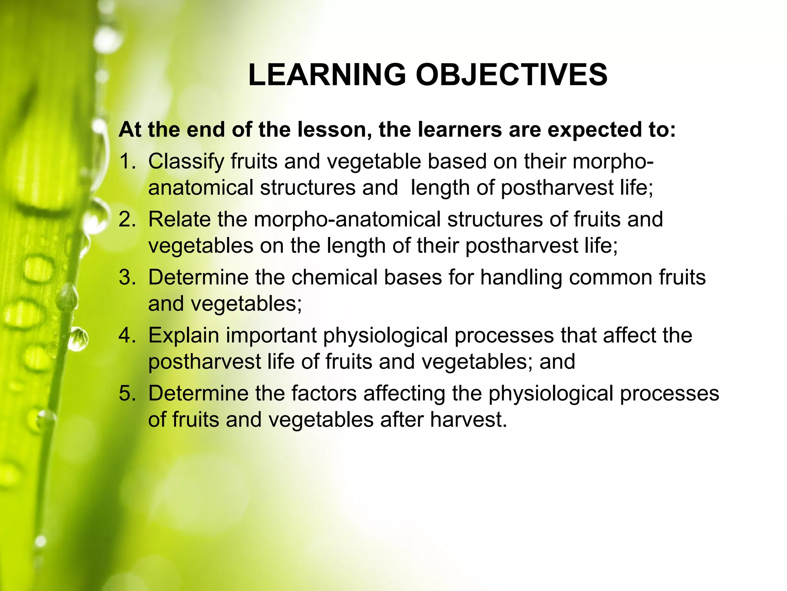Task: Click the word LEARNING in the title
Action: pyautogui.click(x=327, y=75)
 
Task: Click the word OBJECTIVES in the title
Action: pyautogui.click(x=511, y=75)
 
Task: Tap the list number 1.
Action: pyautogui.click(x=127, y=161)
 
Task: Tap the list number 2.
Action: pyautogui.click(x=127, y=219)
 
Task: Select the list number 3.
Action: pyautogui.click(x=127, y=277)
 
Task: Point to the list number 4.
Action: pyautogui.click(x=127, y=336)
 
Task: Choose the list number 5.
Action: pyautogui.click(x=127, y=394)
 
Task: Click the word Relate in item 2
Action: pyautogui.click(x=179, y=219)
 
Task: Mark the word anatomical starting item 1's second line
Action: pyautogui.click(x=201, y=188)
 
